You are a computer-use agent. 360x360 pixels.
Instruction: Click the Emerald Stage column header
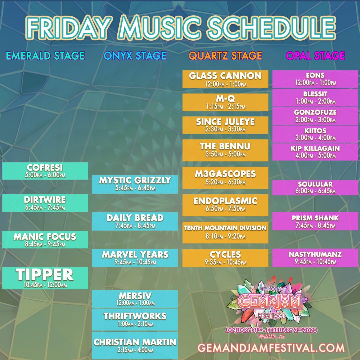click(45, 56)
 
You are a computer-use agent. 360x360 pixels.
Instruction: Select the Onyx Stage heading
click(135, 56)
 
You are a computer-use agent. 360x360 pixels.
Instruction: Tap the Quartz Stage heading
click(225, 56)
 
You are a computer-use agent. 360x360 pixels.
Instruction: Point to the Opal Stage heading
click(315, 56)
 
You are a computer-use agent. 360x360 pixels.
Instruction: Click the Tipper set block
click(45, 278)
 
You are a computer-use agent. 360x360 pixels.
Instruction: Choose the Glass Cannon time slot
click(225, 79)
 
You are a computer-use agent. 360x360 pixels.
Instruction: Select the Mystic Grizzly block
click(135, 184)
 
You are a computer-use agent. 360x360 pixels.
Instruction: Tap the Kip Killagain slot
click(315, 152)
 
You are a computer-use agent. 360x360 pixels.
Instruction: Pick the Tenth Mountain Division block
click(225, 232)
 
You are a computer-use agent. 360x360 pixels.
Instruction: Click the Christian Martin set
click(135, 346)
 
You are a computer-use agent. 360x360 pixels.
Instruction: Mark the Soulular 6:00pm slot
click(315, 188)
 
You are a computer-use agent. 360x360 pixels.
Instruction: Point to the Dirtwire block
click(45, 203)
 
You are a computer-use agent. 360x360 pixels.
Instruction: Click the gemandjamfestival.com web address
click(271, 348)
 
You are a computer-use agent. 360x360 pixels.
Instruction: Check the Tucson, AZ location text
click(271, 337)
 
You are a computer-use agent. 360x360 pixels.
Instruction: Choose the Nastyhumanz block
click(315, 258)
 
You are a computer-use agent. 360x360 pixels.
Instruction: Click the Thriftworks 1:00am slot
click(135, 320)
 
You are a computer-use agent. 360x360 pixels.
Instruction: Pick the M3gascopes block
click(225, 178)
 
